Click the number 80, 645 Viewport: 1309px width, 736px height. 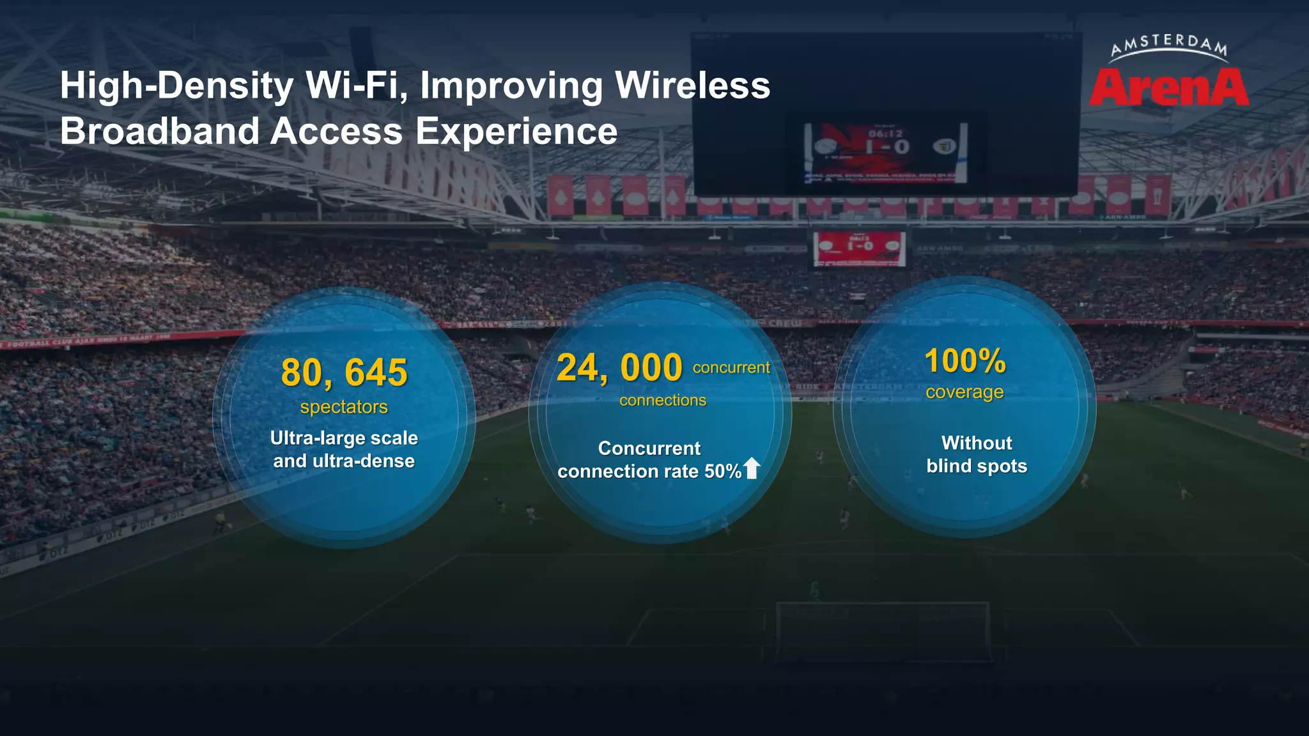pyautogui.click(x=344, y=372)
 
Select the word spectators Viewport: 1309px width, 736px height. pyautogui.click(x=344, y=407)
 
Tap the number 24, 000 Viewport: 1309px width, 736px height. pyautogui.click(x=619, y=368)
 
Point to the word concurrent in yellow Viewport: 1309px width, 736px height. pyautogui.click(x=731, y=367)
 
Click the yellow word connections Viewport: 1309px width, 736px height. pyautogui.click(x=663, y=401)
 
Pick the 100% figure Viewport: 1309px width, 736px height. pyautogui.click(x=965, y=361)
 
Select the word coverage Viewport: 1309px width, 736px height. pyautogui.click(x=964, y=392)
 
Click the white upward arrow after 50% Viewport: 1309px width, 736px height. pyautogui.click(x=752, y=468)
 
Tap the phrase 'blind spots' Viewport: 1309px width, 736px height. pyautogui.click(x=977, y=466)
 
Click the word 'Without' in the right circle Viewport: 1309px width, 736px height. pyautogui.click(x=977, y=443)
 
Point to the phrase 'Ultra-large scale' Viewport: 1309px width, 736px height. pyautogui.click(x=344, y=438)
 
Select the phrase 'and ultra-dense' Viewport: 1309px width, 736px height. pyautogui.click(x=344, y=461)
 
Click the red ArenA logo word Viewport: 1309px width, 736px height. pyautogui.click(x=1168, y=88)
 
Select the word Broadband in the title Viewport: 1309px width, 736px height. pyautogui.click(x=160, y=132)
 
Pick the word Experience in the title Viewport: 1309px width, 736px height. pyautogui.click(x=516, y=132)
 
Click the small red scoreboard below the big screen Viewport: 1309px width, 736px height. pyautogui.click(x=859, y=247)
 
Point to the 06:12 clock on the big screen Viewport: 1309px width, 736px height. pyautogui.click(x=885, y=134)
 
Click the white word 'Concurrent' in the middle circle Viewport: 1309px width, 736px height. pyautogui.click(x=649, y=448)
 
